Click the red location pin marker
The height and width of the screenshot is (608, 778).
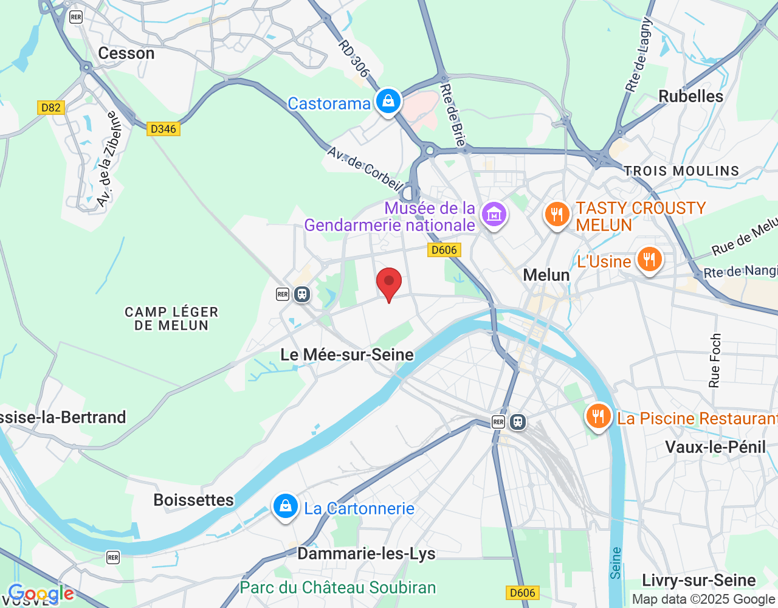coord(389,283)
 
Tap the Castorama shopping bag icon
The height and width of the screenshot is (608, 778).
coord(388,102)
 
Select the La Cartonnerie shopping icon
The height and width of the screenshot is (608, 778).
coord(285,506)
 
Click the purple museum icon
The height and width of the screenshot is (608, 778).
coord(494,215)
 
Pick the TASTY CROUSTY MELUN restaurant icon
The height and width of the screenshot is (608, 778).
coord(556,215)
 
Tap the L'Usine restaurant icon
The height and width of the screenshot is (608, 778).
coord(649,260)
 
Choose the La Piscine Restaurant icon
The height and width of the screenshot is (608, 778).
coord(598,416)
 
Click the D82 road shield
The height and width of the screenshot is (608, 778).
coord(50,108)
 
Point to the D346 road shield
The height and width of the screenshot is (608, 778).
coord(163,128)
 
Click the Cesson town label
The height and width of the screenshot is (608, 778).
coord(126,54)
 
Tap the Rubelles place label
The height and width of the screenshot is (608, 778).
coord(690,96)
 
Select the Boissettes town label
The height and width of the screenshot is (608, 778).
coord(193,500)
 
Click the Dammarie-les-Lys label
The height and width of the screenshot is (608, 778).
coord(366,553)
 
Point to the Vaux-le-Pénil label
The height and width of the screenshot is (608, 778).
coord(715,447)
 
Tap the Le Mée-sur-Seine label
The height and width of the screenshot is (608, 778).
coord(347,354)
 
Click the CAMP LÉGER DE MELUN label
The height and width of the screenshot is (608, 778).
coord(171,319)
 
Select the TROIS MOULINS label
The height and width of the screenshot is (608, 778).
coord(681,171)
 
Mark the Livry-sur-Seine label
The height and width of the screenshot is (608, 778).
coord(699,580)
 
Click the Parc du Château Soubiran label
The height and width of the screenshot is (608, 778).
coord(338,587)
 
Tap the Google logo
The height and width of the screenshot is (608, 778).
coord(41,593)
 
